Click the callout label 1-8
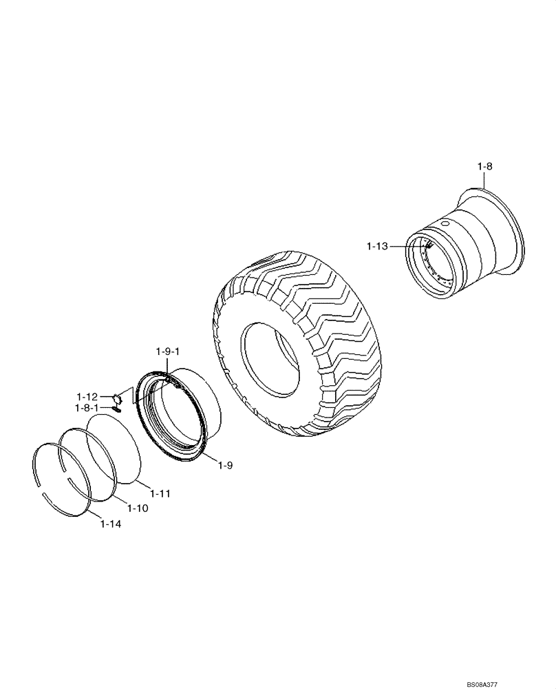click(485, 166)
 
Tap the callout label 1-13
click(378, 245)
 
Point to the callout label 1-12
click(87, 397)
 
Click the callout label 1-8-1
click(87, 408)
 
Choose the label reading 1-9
click(226, 466)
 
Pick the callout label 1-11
click(161, 493)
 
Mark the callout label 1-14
click(111, 524)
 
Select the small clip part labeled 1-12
click(116, 398)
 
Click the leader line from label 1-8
click(483, 180)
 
